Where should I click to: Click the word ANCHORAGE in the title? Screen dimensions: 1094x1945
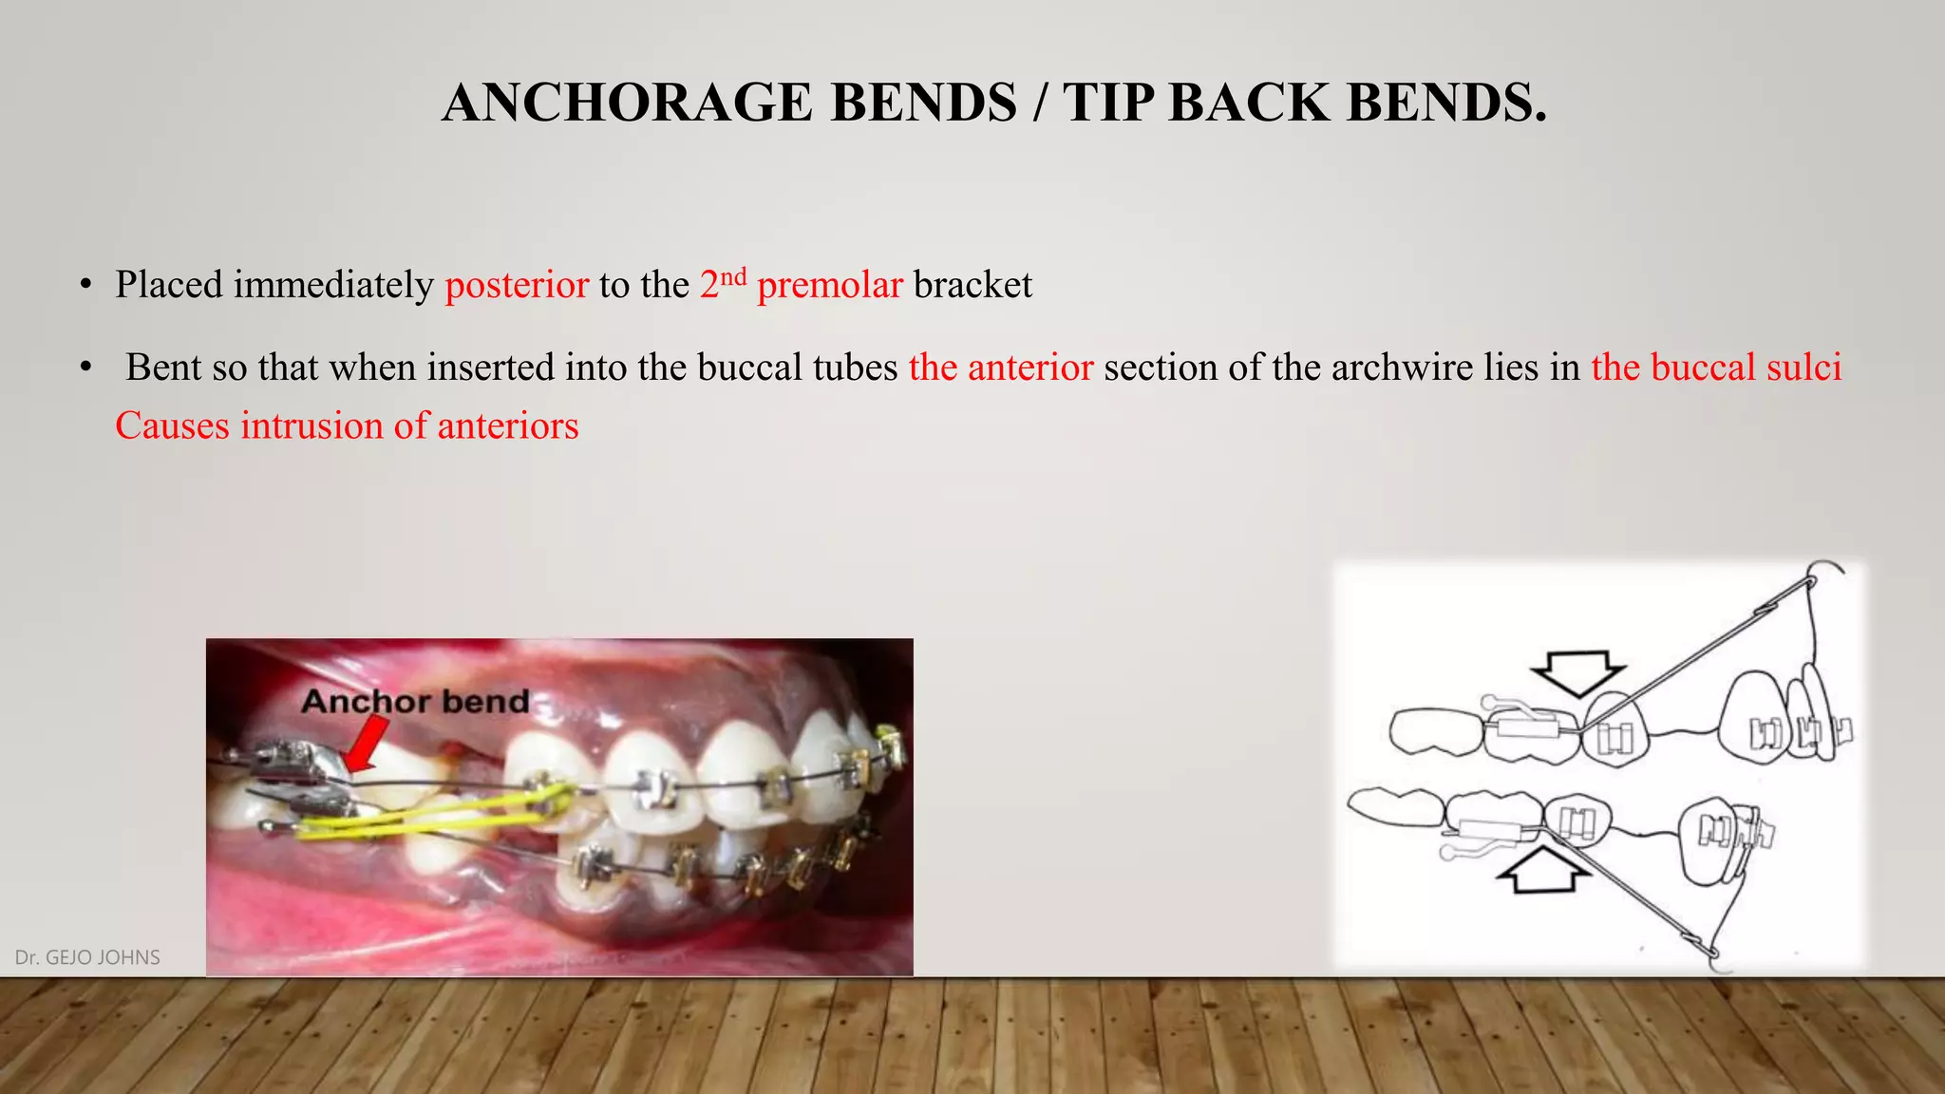pos(627,103)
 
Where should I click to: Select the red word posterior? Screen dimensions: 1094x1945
pos(517,285)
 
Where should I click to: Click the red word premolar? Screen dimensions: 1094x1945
pos(829,285)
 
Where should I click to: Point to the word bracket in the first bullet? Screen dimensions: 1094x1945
pos(972,285)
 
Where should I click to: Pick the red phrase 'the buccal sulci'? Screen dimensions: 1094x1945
pos(1716,368)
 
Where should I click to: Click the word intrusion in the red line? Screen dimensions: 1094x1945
pos(312,426)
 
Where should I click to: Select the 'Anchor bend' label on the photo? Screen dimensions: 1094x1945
pos(415,702)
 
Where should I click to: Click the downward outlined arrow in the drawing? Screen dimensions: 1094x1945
pos(1578,672)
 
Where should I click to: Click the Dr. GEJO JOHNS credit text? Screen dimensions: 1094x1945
pos(87,957)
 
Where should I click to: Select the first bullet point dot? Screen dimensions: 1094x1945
pos(85,285)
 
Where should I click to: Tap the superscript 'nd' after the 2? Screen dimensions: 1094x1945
pos(733,276)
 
